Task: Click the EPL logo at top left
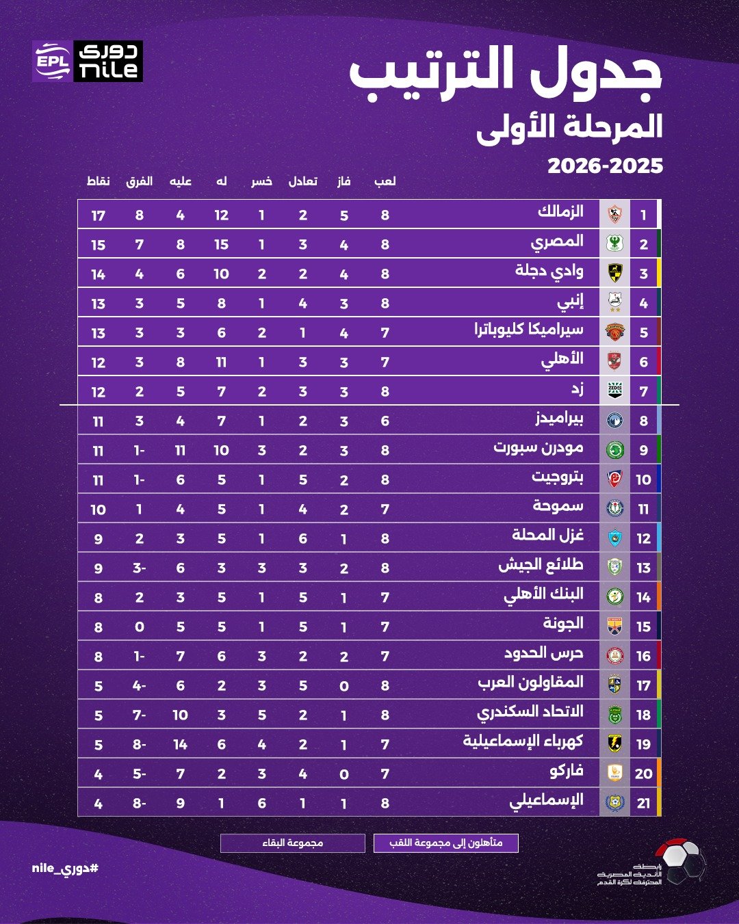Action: (x=52, y=62)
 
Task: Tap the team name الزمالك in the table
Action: (x=560, y=211)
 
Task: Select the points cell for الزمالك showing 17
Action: (x=99, y=215)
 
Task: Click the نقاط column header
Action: (x=99, y=181)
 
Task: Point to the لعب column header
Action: (x=385, y=181)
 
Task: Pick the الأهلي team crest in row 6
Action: (x=614, y=361)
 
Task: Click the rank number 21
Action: (x=643, y=803)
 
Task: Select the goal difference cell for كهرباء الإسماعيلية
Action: (x=139, y=744)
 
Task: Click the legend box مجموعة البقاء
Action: (x=293, y=843)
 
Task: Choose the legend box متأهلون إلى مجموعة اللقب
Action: (x=446, y=843)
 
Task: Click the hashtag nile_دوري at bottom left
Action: (x=65, y=869)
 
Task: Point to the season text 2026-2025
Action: (x=605, y=166)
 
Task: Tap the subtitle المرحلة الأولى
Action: (x=569, y=127)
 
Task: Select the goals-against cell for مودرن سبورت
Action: (x=180, y=450)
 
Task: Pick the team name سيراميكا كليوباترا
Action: (x=529, y=330)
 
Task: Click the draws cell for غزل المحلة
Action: (x=302, y=538)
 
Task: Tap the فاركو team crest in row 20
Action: (x=614, y=773)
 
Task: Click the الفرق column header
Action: (x=139, y=181)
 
